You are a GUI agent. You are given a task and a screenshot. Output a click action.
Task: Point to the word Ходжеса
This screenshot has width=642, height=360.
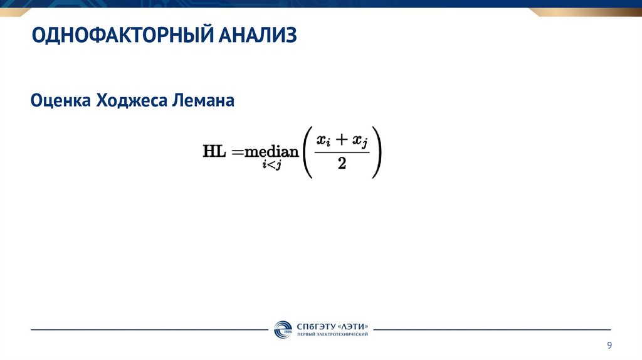tap(129, 100)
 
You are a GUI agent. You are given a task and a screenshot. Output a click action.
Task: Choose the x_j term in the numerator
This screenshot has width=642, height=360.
tap(360, 143)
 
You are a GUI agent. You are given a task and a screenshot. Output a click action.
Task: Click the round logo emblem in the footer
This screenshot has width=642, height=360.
tap(283, 329)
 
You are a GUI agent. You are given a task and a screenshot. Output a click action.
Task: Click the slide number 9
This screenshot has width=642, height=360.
tap(609, 346)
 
